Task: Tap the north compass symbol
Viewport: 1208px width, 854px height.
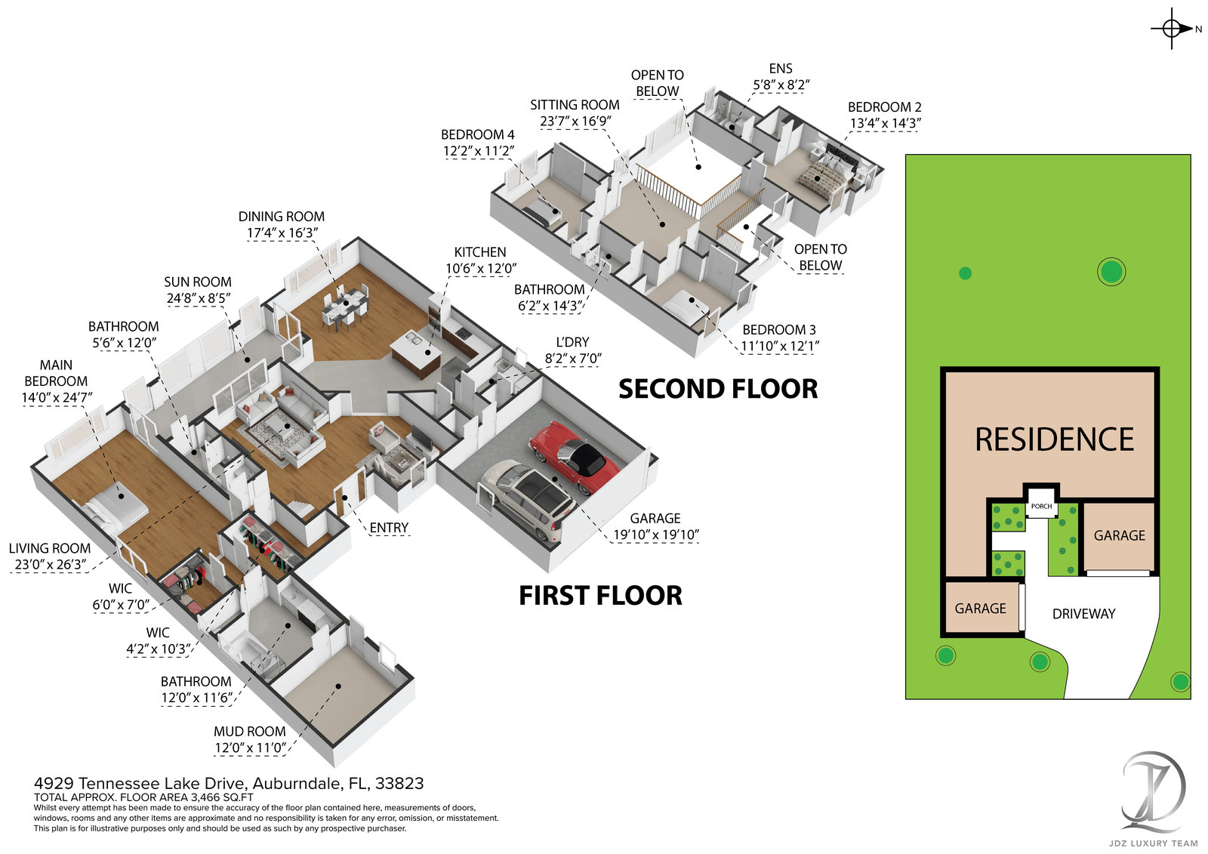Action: click(x=1172, y=29)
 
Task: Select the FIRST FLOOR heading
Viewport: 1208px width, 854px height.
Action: click(x=600, y=596)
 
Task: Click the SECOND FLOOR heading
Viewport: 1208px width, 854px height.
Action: click(x=718, y=389)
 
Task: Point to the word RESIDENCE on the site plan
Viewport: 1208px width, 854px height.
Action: click(x=1054, y=439)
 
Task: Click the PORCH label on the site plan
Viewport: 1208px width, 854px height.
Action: click(x=1041, y=506)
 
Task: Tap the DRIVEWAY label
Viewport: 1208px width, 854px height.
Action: click(x=1083, y=614)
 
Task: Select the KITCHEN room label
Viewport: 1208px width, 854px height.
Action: click(x=480, y=252)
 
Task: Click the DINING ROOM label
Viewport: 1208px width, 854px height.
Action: click(x=282, y=217)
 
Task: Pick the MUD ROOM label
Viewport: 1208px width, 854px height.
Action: click(x=249, y=731)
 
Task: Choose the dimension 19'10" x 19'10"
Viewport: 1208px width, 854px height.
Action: click(x=655, y=535)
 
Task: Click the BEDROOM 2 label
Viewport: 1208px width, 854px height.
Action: click(x=884, y=107)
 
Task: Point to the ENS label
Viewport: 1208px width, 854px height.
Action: click(x=781, y=69)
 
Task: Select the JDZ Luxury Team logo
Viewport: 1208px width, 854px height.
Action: click(x=1153, y=793)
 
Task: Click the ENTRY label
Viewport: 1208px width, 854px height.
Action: click(x=389, y=528)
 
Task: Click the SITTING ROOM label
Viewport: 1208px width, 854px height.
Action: click(x=575, y=105)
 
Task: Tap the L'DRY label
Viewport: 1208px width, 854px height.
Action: click(x=572, y=342)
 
